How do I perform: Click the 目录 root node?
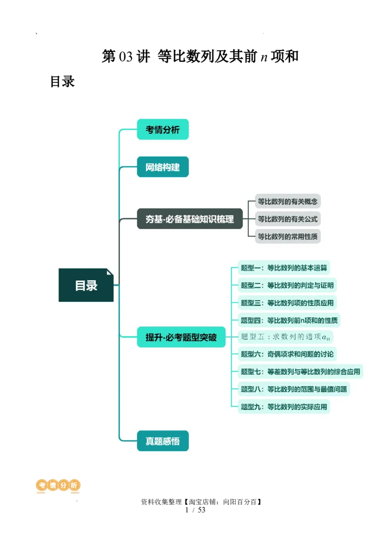[86, 285]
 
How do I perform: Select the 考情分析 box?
[163, 129]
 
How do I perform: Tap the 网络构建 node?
[163, 167]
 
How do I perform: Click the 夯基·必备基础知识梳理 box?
[190, 219]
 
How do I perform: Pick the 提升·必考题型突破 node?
[181, 337]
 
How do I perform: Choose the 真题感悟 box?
[163, 441]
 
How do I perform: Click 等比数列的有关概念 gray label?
[288, 201]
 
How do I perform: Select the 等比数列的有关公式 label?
[288, 219]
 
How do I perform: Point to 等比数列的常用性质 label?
[288, 237]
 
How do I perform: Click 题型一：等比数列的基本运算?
[284, 268]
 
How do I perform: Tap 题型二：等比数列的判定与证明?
[287, 285]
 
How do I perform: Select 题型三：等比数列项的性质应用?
[287, 303]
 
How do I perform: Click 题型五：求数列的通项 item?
[287, 337]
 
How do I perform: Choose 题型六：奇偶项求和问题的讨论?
[287, 354]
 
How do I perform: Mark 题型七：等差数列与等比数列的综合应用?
[300, 372]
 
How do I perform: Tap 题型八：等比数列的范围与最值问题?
[294, 389]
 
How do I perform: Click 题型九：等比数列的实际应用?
[284, 407]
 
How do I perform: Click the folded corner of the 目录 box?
[110, 272]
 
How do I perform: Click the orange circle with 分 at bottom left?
[63, 485]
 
